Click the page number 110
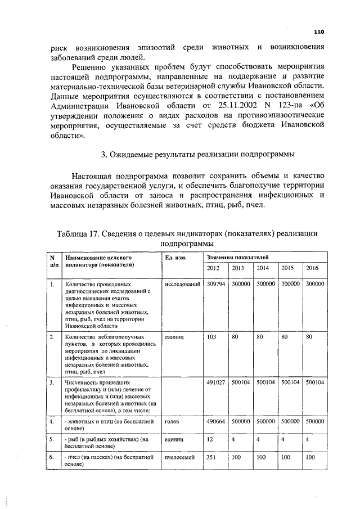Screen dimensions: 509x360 tap(319, 32)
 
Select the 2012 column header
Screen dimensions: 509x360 tap(213, 268)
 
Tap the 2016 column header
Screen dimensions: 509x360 tap(312, 268)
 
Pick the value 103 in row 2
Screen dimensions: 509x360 tap(211, 337)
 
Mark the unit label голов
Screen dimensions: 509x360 tap(172, 421)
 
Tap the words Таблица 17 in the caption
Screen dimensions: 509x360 tap(79, 234)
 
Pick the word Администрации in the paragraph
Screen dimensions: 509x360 tap(82, 105)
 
